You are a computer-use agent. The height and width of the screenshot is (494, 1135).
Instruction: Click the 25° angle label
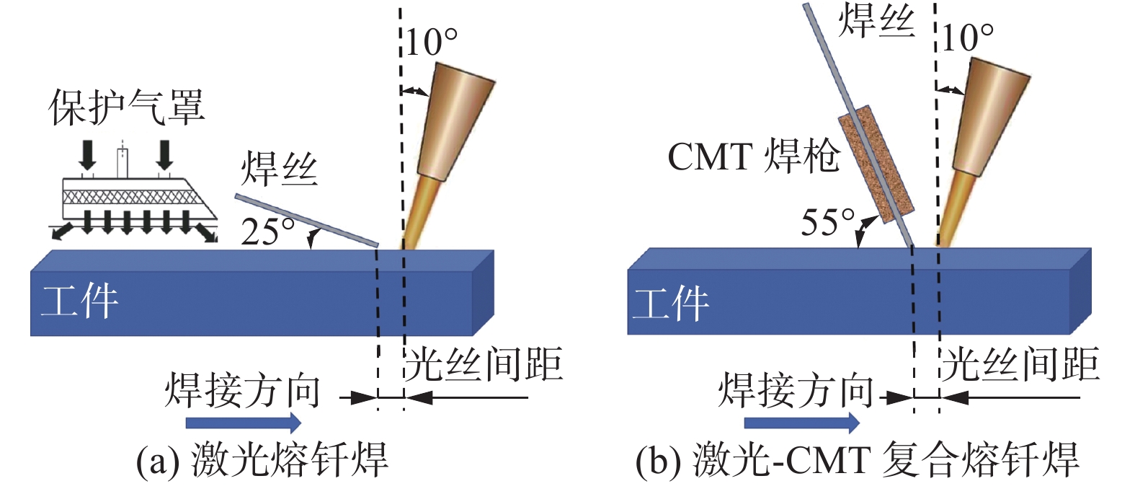coord(267,231)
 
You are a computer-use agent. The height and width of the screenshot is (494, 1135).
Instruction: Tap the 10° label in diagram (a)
coord(431,42)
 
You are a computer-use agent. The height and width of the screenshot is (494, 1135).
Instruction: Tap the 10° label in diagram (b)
coord(967,37)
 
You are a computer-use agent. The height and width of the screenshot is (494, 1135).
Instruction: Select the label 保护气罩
coord(127,107)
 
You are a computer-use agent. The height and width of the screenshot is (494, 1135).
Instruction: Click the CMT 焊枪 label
coord(753,156)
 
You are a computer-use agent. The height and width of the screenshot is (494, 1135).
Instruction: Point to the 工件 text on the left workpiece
coord(79,301)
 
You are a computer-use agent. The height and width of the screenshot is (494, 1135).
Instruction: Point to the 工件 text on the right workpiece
coord(670,303)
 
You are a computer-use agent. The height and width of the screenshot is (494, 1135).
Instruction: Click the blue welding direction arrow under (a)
coord(244,422)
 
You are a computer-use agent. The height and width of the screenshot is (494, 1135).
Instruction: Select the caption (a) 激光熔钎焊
coord(262,459)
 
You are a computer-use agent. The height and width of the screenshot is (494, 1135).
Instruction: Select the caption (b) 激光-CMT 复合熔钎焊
coord(857,459)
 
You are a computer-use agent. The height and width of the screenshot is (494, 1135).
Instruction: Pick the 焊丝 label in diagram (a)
coord(279,169)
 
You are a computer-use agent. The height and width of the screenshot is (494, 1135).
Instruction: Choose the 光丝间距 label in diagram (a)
coord(484,363)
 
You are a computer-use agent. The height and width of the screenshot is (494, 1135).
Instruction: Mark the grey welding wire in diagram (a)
coord(306,220)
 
